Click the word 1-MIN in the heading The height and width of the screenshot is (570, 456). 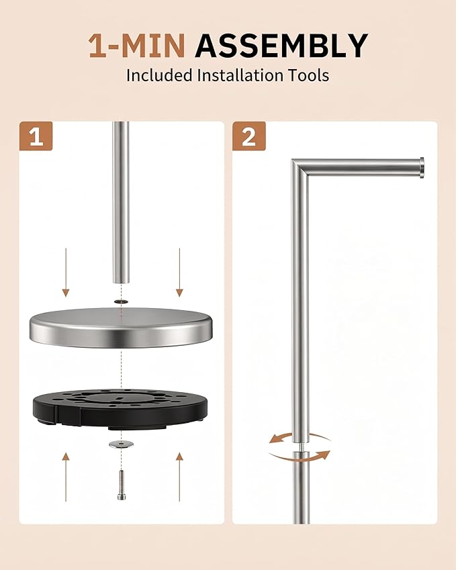click(x=137, y=46)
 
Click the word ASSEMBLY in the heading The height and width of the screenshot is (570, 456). click(x=281, y=46)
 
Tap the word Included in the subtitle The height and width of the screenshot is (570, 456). click(x=159, y=76)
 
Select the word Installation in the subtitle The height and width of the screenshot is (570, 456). click(x=240, y=76)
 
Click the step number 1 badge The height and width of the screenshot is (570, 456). click(x=36, y=136)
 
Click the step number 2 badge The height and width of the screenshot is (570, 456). click(x=249, y=136)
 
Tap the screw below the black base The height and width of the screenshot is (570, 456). click(x=122, y=485)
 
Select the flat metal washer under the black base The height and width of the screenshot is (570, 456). click(x=121, y=444)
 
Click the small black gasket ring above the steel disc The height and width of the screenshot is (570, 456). click(x=121, y=301)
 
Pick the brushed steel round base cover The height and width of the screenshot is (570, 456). click(x=121, y=328)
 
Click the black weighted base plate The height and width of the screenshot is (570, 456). click(x=120, y=409)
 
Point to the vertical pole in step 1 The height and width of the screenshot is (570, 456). click(x=121, y=203)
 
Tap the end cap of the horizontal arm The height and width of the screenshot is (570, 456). click(x=421, y=168)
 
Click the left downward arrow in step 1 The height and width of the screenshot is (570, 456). click(x=66, y=273)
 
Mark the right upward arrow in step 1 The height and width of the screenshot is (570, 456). click(x=179, y=477)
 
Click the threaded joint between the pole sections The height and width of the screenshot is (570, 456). click(x=301, y=446)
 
